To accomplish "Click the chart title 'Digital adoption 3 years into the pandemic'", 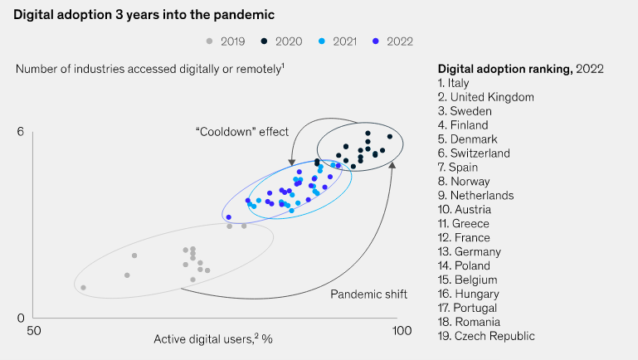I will coord(143,15).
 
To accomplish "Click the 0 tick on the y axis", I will coord(22,318).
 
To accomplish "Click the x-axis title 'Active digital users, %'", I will coord(213,339).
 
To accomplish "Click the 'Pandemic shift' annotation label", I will coord(368,294).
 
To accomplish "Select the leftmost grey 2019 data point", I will coord(83,288).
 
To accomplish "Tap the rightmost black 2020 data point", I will coord(390,137).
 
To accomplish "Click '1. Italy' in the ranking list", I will coord(454,83).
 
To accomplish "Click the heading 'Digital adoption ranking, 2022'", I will coord(520,68).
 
